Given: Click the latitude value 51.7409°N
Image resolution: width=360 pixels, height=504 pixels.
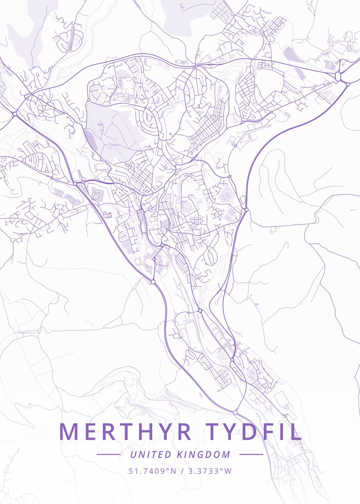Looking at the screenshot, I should pyautogui.click(x=152, y=471).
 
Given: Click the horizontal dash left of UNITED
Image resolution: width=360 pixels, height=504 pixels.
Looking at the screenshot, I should pyautogui.click(x=109, y=454).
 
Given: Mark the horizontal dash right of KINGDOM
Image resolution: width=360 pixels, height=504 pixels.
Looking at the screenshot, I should pyautogui.click(x=251, y=454).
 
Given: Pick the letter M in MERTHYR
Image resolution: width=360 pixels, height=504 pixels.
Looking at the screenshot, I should pyautogui.click(x=68, y=432).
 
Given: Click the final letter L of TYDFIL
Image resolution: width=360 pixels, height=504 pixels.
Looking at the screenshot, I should pyautogui.click(x=297, y=432).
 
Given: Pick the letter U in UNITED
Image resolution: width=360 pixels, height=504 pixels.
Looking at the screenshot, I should pyautogui.click(x=133, y=454).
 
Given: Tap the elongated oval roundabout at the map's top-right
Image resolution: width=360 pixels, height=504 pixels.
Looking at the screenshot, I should pyautogui.click(x=338, y=76).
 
